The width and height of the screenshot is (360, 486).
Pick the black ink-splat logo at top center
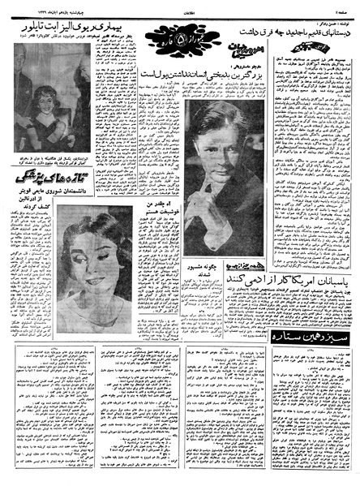pos(173,38)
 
